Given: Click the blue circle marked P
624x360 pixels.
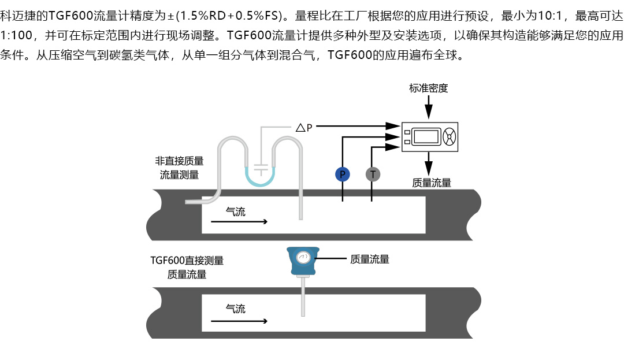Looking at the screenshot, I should pyautogui.click(x=342, y=174).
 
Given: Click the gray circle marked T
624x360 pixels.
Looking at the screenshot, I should pyautogui.click(x=373, y=174).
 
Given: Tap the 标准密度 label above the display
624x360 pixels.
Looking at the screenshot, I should pyautogui.click(x=428, y=88).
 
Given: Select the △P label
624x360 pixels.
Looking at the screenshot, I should pyautogui.click(x=304, y=127).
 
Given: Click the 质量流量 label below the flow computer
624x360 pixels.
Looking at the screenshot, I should pyautogui.click(x=432, y=183).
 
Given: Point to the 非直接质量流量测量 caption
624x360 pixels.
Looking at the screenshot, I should pyautogui.click(x=179, y=168).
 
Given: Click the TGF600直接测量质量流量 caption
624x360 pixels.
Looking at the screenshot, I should pyautogui.click(x=187, y=267).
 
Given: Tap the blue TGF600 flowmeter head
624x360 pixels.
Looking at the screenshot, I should pyautogui.click(x=302, y=262).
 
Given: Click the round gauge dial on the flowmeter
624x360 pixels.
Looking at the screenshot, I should pyautogui.click(x=302, y=257).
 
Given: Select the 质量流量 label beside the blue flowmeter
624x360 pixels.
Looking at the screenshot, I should pyautogui.click(x=370, y=259).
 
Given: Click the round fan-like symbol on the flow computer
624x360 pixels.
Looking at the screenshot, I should pyautogui.click(x=449, y=137).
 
